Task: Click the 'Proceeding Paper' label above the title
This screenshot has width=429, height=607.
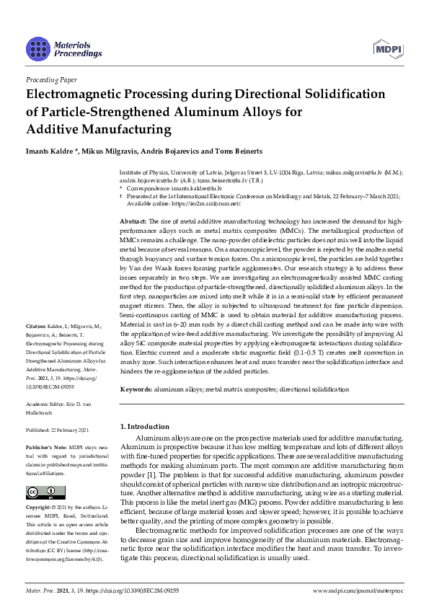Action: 52,79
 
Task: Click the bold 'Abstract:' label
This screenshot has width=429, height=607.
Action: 133,220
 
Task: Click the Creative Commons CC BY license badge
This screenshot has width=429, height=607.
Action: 41,494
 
